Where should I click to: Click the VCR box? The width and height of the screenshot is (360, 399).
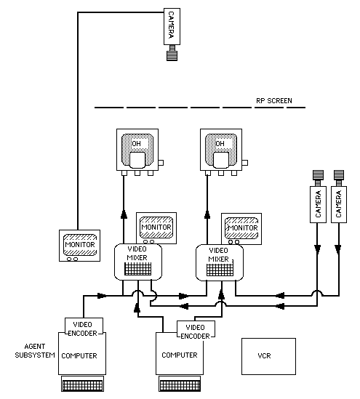coord(268,356)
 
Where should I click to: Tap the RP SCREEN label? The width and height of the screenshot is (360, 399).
coord(274,101)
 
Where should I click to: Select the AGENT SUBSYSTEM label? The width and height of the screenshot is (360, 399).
coord(35,350)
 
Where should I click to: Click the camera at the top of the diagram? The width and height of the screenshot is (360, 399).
coord(172,26)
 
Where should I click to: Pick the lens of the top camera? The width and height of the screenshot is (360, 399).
coord(172,53)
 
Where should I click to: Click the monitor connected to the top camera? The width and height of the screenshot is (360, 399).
coord(80,246)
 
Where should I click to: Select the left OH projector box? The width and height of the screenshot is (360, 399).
coord(137,150)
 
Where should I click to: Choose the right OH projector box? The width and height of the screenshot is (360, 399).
coord(221,150)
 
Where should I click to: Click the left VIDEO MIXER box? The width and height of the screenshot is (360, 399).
coord(138,262)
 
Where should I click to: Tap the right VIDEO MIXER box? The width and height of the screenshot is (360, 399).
coord(220,262)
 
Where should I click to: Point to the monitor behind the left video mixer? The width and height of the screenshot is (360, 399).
coord(156,228)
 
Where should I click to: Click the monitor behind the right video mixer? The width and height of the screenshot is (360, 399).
coord(241,228)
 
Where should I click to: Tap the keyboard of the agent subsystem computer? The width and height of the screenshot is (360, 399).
coord(82,384)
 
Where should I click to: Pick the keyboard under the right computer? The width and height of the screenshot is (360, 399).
coord(180,384)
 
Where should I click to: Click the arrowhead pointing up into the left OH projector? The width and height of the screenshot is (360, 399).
coord(124,214)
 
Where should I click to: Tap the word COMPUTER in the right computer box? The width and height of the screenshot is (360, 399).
coord(180,355)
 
